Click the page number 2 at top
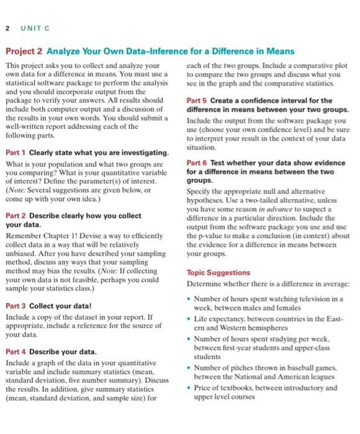[x=6, y=28]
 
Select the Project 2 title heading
[x=150, y=51]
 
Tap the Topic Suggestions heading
[x=218, y=272]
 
